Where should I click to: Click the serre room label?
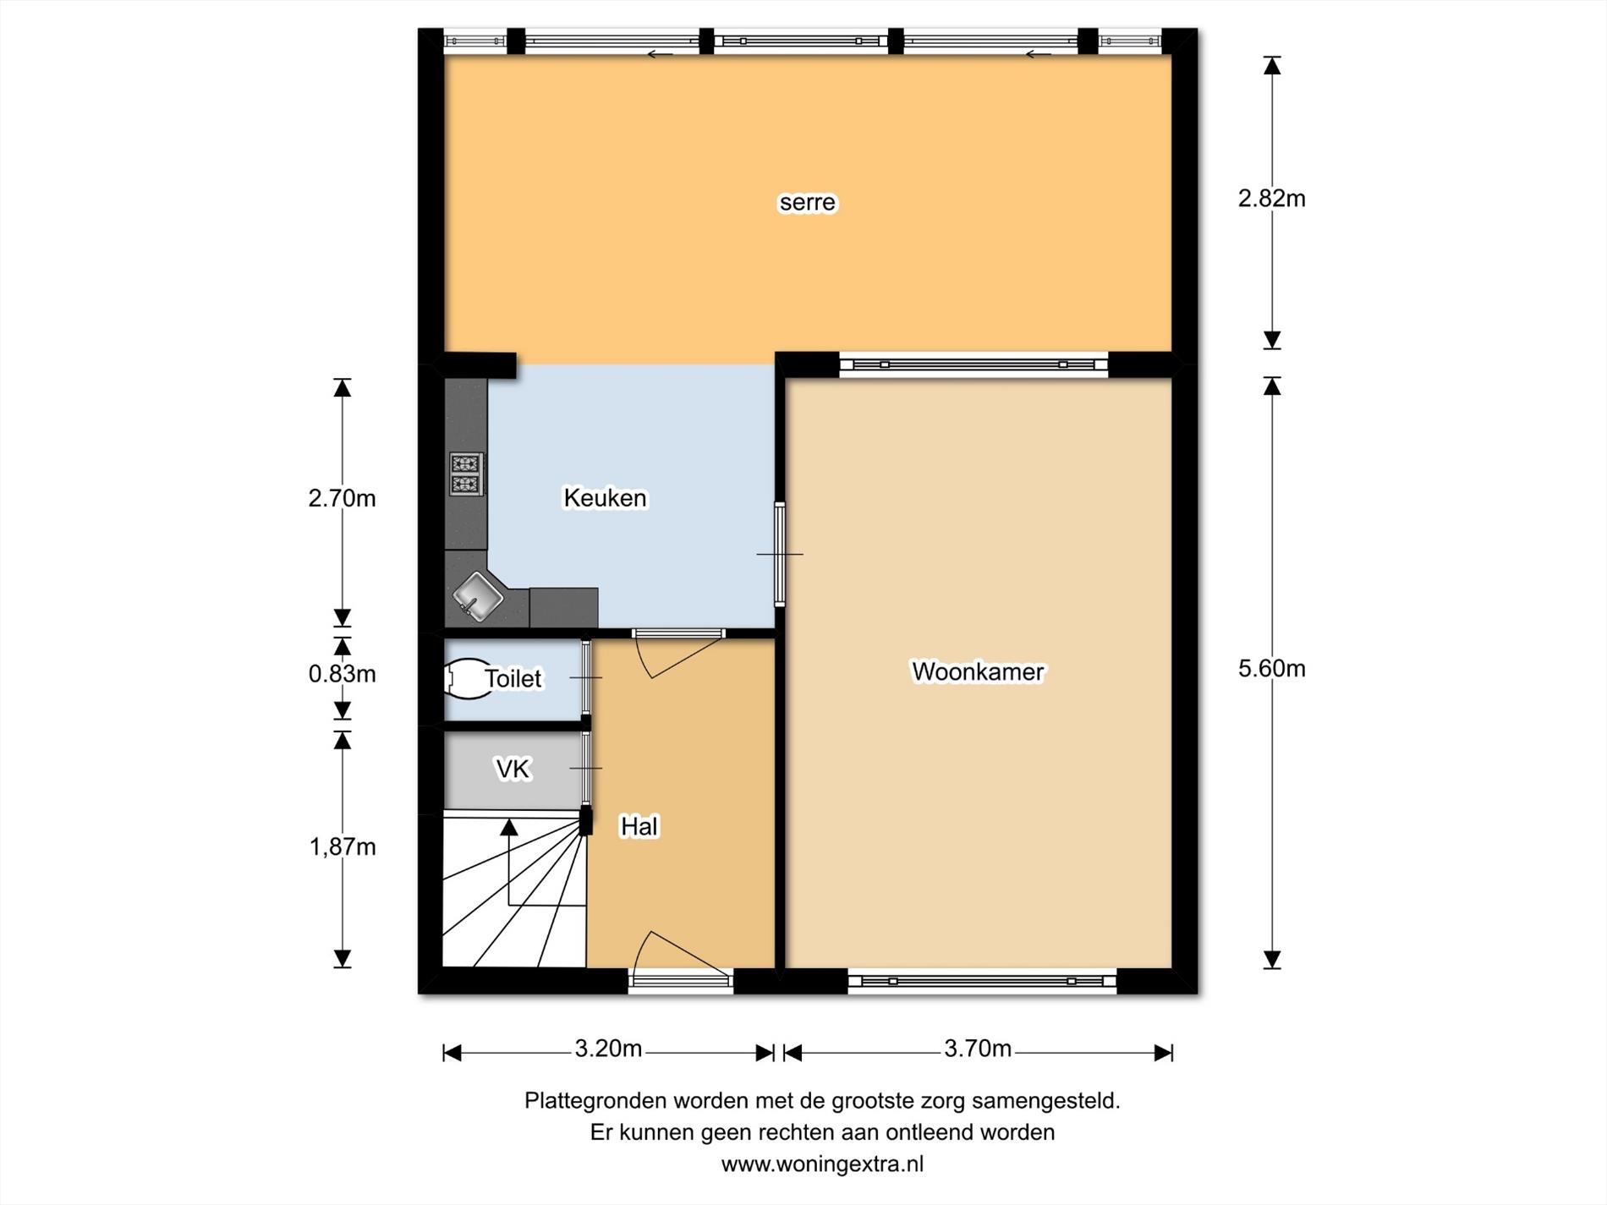807,202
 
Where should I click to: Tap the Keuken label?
605,498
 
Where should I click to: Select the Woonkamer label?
978,671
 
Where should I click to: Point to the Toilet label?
513,678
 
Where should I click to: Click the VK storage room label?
513,769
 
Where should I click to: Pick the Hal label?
639,826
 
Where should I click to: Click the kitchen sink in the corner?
477,595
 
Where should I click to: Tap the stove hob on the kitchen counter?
466,474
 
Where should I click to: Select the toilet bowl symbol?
468,678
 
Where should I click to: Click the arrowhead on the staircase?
508,827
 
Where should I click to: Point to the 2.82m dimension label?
1271,198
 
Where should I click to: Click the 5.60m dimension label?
1271,669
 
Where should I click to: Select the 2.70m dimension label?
342,498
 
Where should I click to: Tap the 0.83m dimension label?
342,674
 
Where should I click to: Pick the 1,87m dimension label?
342,846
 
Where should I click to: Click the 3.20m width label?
608,1049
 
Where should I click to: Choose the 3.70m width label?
978,1049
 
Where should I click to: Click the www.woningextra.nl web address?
822,1164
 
